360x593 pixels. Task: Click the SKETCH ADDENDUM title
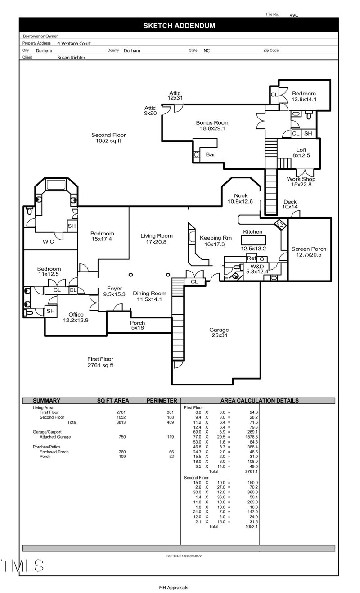(179, 26)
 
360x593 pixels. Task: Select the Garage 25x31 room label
(219, 333)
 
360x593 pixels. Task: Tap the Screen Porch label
(309, 252)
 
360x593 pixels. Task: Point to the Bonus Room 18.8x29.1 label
(212, 126)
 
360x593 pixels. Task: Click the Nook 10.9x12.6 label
(241, 199)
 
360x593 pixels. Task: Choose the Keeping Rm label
(208, 241)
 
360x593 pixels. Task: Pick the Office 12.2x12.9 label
(76, 317)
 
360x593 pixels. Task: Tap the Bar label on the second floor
(210, 154)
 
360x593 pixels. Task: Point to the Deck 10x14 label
(290, 204)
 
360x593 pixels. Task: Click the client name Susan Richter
(71, 58)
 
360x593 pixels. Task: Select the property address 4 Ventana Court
(74, 44)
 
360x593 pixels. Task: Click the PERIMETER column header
(162, 401)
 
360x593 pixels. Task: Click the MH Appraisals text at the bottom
(173, 588)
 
